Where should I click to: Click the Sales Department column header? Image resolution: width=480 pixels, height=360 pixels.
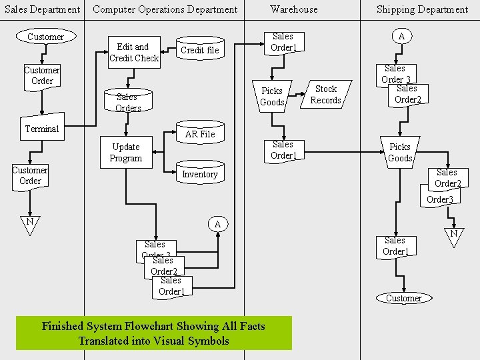click(42, 9)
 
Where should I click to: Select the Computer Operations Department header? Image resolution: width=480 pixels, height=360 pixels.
click(165, 9)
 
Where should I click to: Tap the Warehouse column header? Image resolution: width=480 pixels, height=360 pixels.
click(294, 9)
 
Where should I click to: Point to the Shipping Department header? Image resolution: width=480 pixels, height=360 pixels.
click(422, 9)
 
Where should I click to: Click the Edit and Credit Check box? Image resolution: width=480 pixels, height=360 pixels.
click(134, 53)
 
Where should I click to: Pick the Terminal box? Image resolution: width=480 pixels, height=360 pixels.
click(42, 129)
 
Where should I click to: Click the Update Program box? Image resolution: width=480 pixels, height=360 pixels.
click(126, 153)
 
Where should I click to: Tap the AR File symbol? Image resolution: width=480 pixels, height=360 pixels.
click(200, 134)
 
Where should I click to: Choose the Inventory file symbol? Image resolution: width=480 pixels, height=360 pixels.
click(200, 174)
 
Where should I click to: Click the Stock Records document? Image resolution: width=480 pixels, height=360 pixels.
click(326, 95)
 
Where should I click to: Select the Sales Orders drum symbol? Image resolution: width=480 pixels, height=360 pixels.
click(127, 101)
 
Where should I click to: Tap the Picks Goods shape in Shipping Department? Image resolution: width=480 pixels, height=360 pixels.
click(400, 153)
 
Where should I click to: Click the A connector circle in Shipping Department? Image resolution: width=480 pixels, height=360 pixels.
click(401, 37)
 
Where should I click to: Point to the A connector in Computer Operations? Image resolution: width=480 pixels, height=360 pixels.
click(217, 225)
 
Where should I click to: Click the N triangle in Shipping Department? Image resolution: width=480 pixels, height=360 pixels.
click(453, 235)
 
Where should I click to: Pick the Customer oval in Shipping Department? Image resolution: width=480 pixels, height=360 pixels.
click(403, 298)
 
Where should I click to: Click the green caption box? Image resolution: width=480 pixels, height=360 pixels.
click(153, 333)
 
